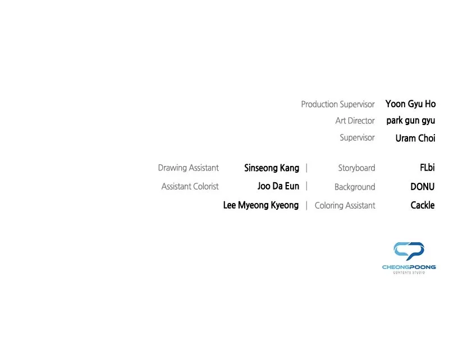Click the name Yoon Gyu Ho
click(410, 104)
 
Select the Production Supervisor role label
click(338, 104)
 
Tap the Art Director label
click(355, 121)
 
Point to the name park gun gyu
click(411, 121)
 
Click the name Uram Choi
click(415, 138)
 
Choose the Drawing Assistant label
click(189, 168)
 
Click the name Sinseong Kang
click(272, 168)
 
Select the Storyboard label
click(356, 168)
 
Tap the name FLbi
click(427, 168)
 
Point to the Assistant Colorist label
click(190, 187)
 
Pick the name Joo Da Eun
click(278, 186)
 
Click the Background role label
click(355, 187)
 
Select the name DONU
click(423, 187)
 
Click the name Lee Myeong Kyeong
click(261, 205)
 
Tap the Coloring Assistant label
click(345, 205)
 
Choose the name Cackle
click(423, 205)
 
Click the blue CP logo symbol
click(409, 251)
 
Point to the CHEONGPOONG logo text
click(409, 267)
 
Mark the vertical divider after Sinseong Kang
click(306, 168)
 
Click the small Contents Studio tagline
click(409, 273)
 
